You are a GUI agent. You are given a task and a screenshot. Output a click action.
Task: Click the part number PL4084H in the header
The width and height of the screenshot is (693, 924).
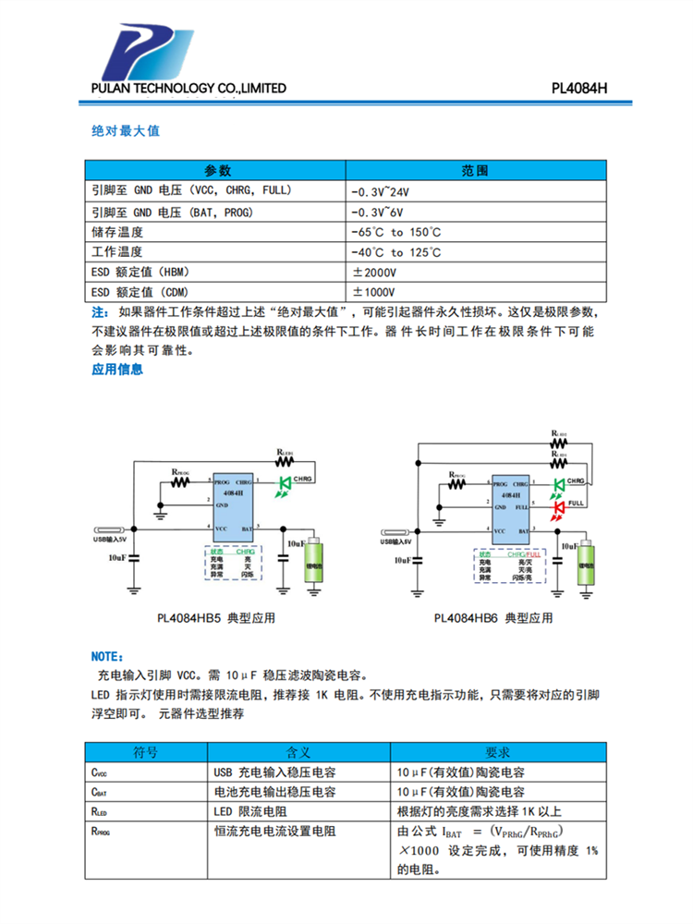[x=578, y=89]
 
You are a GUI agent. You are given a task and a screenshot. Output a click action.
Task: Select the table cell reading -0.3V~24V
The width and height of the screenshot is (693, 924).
[x=379, y=192]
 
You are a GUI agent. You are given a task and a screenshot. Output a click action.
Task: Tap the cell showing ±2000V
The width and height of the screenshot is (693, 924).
[x=374, y=273]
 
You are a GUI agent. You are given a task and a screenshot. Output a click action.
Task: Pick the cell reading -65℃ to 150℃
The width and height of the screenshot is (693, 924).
[x=395, y=232]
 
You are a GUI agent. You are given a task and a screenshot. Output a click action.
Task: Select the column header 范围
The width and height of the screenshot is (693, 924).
[x=475, y=171]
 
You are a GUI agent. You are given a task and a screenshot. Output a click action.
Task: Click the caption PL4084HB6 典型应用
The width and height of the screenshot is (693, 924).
[x=492, y=618]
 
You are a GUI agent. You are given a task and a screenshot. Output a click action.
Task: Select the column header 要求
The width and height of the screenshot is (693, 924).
[x=498, y=752]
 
